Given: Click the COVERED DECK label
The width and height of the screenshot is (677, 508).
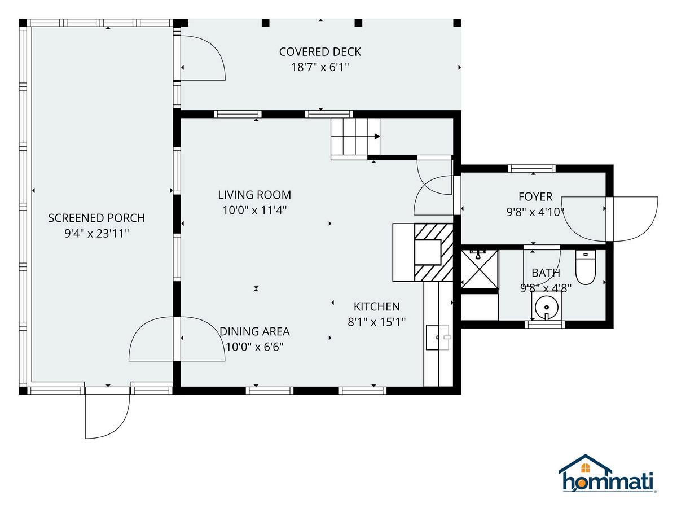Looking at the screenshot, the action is (x=320, y=52).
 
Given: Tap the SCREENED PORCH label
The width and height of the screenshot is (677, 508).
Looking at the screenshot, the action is (x=96, y=218).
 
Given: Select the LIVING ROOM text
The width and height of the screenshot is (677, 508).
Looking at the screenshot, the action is (x=254, y=195).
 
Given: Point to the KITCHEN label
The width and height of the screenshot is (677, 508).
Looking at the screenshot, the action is (x=377, y=306).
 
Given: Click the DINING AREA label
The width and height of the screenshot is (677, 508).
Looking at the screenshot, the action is (x=254, y=331).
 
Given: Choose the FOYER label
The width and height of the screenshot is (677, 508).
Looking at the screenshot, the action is (x=535, y=197).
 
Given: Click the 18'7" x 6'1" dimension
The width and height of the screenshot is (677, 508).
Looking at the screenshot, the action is (x=320, y=67).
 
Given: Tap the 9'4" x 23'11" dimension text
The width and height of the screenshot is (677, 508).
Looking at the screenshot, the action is (x=96, y=234).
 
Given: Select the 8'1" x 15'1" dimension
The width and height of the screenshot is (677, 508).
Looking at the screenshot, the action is (x=377, y=322).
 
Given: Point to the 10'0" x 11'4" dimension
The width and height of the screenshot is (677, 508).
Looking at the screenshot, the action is (x=254, y=211).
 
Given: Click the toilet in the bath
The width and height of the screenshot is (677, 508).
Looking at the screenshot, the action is (x=586, y=267).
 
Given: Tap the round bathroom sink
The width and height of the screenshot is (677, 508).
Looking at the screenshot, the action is (x=546, y=307).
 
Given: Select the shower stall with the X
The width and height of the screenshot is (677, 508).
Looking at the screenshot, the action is (x=480, y=269).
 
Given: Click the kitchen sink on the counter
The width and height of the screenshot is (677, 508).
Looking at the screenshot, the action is (x=438, y=337).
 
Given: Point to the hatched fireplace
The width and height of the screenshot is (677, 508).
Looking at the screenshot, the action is (x=433, y=252).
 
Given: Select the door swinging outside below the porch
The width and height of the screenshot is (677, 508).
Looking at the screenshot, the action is (x=107, y=416).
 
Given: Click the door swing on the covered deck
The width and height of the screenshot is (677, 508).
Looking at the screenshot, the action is (x=203, y=58).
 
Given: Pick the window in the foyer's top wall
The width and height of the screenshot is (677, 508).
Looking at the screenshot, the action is (x=532, y=168).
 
